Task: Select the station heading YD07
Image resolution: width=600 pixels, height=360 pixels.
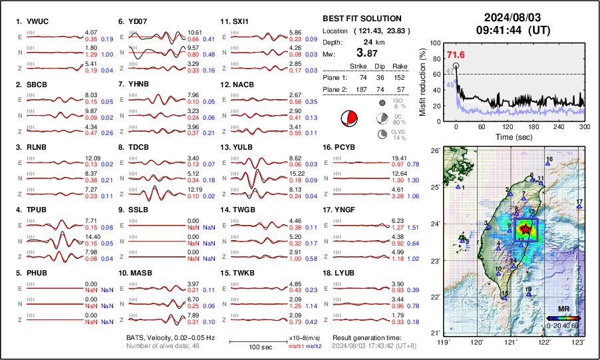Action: point(138,21)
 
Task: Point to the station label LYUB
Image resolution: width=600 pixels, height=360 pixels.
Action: point(349,273)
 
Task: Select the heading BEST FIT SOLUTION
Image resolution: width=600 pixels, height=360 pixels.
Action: point(361,19)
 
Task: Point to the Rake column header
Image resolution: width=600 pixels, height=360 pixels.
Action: point(400,66)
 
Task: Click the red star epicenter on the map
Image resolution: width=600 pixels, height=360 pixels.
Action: point(525,228)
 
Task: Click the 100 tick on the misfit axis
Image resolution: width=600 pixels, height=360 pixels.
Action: point(436,42)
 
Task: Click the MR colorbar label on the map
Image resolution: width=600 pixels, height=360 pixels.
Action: point(563,309)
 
